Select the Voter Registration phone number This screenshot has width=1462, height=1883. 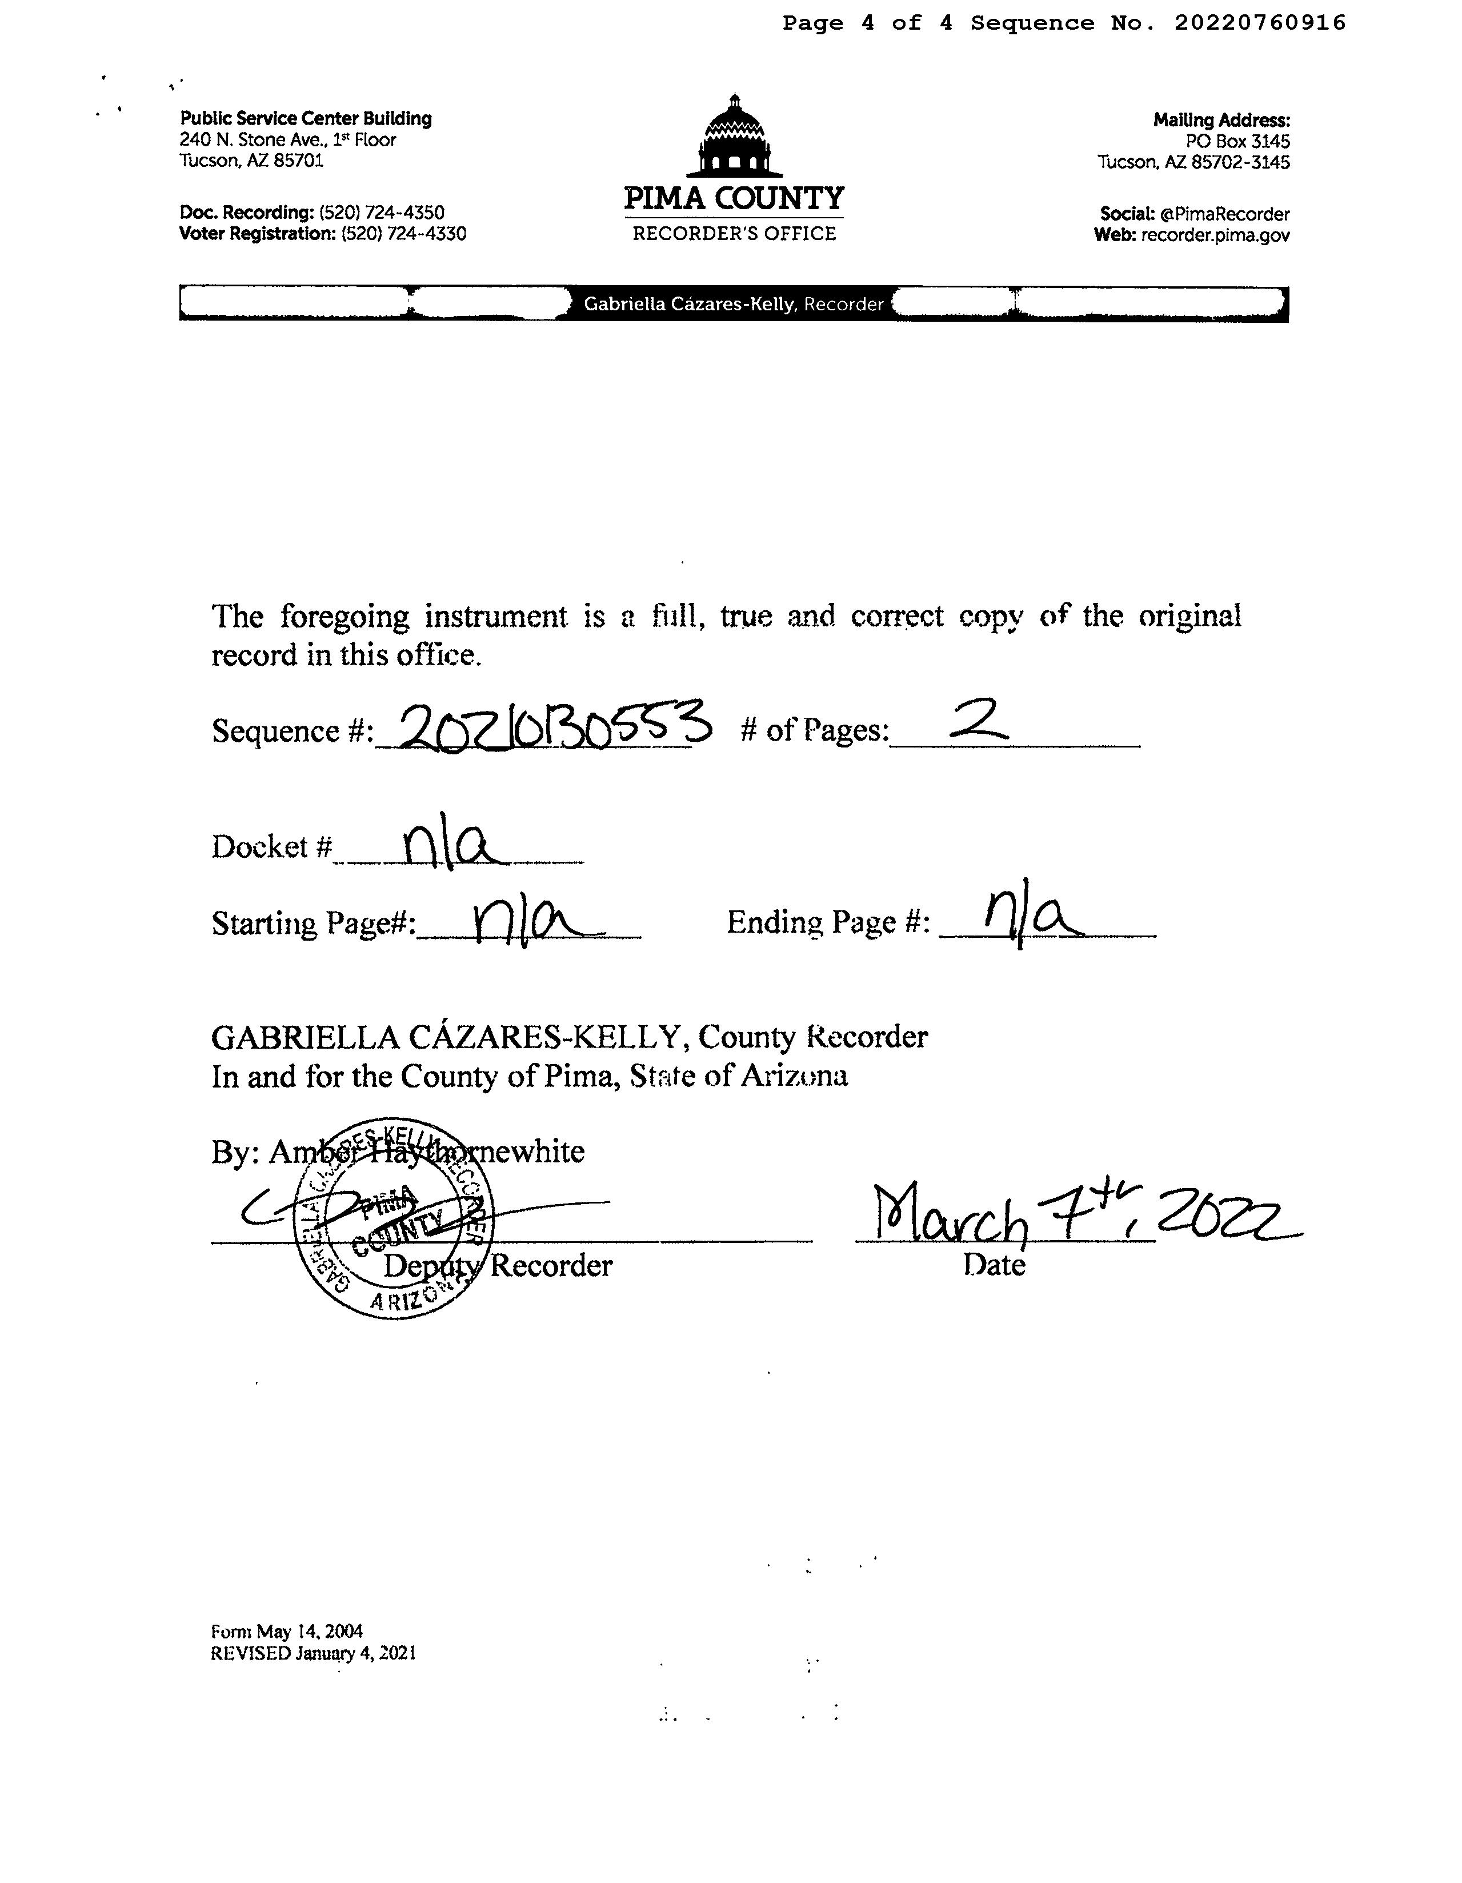pos(403,234)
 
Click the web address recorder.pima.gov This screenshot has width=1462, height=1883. pos(1215,235)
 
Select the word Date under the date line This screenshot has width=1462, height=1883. pos(994,1266)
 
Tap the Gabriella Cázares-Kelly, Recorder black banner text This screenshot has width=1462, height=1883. pos(734,305)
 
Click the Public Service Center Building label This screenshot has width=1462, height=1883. pos(306,119)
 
